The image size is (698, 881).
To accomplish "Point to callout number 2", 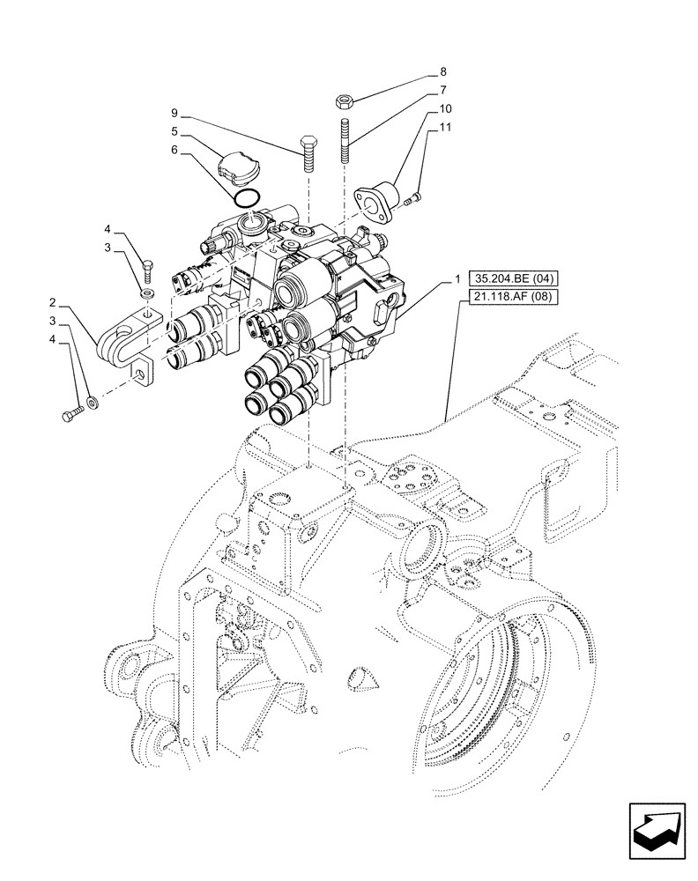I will tap(53, 300).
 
